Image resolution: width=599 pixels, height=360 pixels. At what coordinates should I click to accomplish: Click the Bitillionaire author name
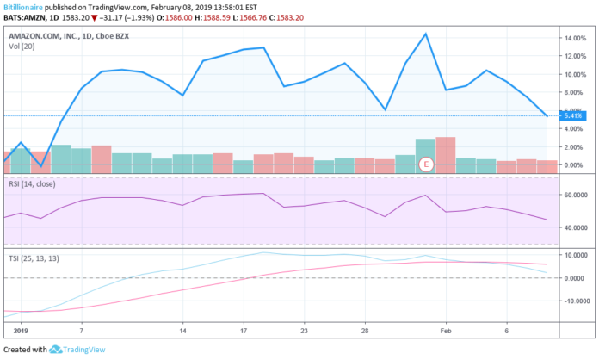pos(23,5)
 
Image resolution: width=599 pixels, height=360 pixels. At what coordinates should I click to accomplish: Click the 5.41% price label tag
pos(572,115)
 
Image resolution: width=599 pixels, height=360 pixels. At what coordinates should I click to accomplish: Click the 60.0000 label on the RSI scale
pos(573,196)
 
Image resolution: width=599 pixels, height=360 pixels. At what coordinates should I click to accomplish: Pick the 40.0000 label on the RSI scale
pos(573,228)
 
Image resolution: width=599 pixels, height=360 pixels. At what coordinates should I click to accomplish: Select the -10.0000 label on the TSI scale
pos(573,301)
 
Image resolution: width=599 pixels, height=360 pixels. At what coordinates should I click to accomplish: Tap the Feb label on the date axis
pos(446,330)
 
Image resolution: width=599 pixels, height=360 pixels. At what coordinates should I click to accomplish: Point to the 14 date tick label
pos(183,330)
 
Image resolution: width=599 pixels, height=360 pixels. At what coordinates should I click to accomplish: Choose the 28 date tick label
pos(365,330)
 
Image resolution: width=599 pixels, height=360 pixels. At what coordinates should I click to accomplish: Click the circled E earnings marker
pos(424,164)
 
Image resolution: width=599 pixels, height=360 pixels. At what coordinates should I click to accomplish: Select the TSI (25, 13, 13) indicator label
pos(36,257)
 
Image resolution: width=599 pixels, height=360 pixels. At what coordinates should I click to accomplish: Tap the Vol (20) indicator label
pos(22,47)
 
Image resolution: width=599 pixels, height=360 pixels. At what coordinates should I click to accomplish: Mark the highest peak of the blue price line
pos(426,34)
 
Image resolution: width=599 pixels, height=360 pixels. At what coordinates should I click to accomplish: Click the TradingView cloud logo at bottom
pos(57,350)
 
